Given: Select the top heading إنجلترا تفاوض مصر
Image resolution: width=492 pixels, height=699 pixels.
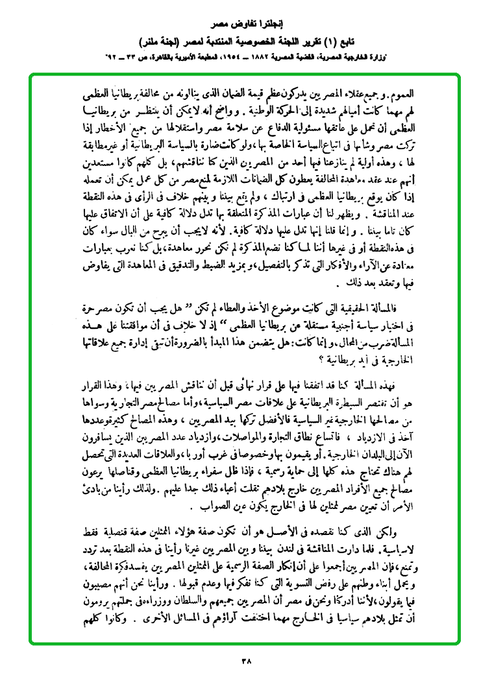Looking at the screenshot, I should pos(246,29).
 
